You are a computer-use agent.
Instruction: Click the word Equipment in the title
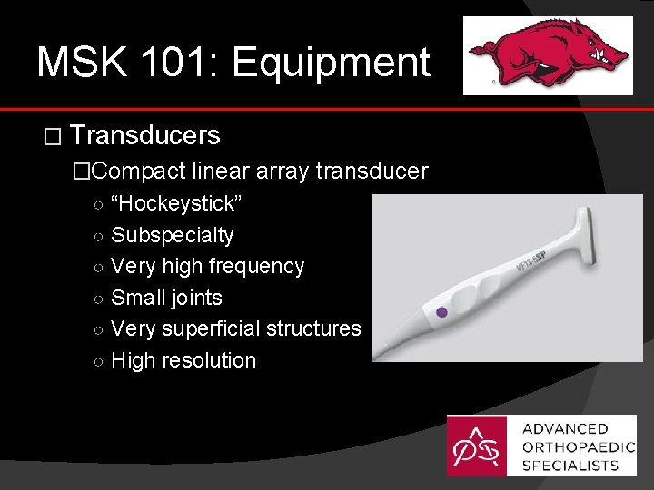coord(331,64)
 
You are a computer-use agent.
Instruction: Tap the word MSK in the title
coord(79,64)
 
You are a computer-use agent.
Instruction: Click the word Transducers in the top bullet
coord(145,136)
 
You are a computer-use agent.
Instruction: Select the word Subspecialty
coord(172,236)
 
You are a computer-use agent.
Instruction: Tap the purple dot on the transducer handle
coord(441,312)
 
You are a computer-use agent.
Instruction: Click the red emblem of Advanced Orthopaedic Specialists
coord(479,446)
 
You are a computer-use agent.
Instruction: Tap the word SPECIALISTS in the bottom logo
coord(570,465)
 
